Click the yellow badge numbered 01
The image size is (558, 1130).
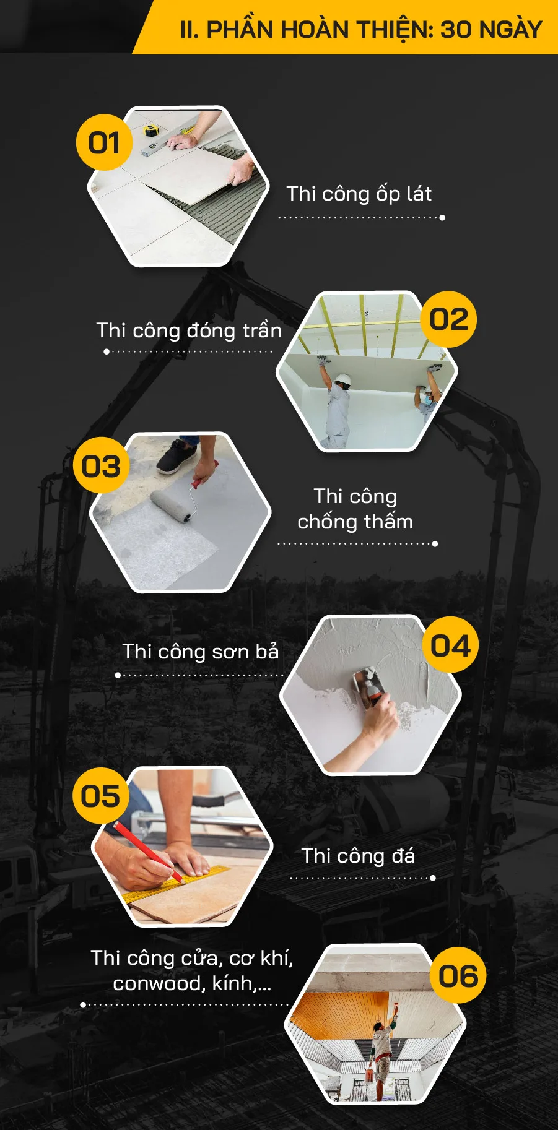104,142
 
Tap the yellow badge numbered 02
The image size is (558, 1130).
449,319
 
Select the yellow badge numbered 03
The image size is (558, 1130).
101,465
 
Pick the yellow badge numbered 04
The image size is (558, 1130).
450,645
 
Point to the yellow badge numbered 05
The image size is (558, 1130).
100,796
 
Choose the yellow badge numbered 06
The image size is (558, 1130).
458,975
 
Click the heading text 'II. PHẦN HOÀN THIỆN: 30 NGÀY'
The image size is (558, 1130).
361,29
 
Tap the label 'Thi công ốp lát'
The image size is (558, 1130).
359,194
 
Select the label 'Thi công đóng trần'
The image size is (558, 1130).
189,330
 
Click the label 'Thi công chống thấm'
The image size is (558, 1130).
355,509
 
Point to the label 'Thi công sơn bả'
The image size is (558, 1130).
201,652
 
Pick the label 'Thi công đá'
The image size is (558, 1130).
358,856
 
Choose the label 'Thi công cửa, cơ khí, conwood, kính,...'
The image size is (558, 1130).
191,970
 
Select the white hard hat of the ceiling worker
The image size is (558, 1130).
342,379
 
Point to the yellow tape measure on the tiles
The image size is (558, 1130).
150,131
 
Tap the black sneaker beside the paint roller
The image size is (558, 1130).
177,456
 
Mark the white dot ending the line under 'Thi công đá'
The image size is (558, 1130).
433,878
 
